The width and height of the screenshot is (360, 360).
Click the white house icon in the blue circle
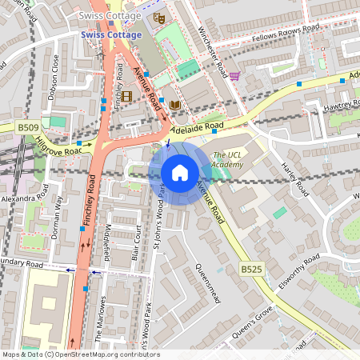(180, 172)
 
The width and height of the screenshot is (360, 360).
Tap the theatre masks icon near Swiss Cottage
(158, 16)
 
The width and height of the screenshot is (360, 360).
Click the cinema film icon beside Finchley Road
(126, 96)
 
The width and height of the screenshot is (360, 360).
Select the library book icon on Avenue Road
(174, 105)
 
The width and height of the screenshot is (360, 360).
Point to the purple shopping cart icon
(234, 76)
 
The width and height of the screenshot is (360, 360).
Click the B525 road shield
(251, 271)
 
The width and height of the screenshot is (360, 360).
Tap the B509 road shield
(29, 126)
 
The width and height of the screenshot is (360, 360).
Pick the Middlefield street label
(107, 239)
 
